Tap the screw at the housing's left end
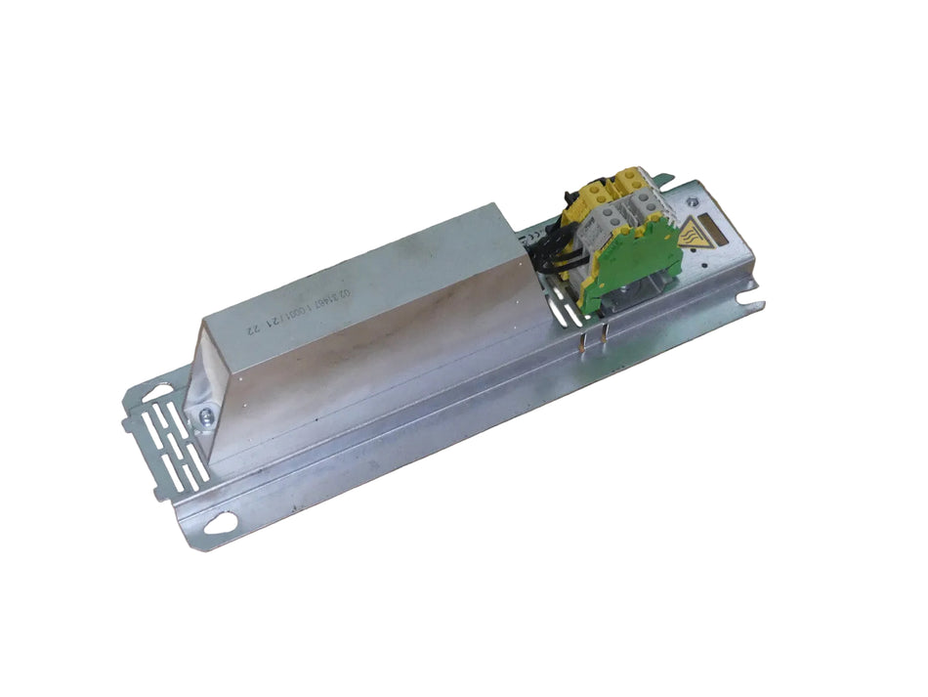point(205,417)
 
